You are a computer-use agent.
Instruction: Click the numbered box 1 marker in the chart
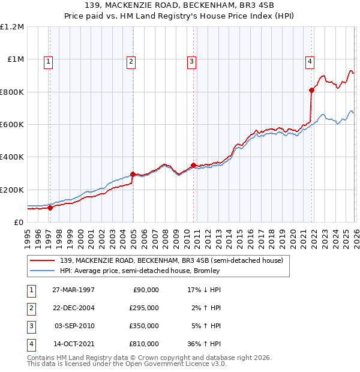(48, 61)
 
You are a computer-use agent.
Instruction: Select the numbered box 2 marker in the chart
(131, 61)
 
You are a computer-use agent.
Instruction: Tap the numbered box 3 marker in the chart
(191, 61)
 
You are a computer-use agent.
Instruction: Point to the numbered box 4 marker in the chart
(310, 61)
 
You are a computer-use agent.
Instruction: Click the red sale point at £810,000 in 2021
(312, 91)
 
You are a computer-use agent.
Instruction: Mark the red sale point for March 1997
(50, 208)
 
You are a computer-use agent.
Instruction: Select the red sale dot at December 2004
(133, 174)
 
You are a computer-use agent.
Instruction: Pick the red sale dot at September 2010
(193, 165)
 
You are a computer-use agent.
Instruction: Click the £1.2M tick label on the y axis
(12, 27)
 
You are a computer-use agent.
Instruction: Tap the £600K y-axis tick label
(12, 125)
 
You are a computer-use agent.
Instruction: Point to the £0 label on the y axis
(18, 222)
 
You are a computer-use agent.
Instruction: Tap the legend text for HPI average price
(139, 271)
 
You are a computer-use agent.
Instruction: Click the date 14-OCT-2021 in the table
(74, 344)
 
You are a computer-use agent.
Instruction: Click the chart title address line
(180, 5)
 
